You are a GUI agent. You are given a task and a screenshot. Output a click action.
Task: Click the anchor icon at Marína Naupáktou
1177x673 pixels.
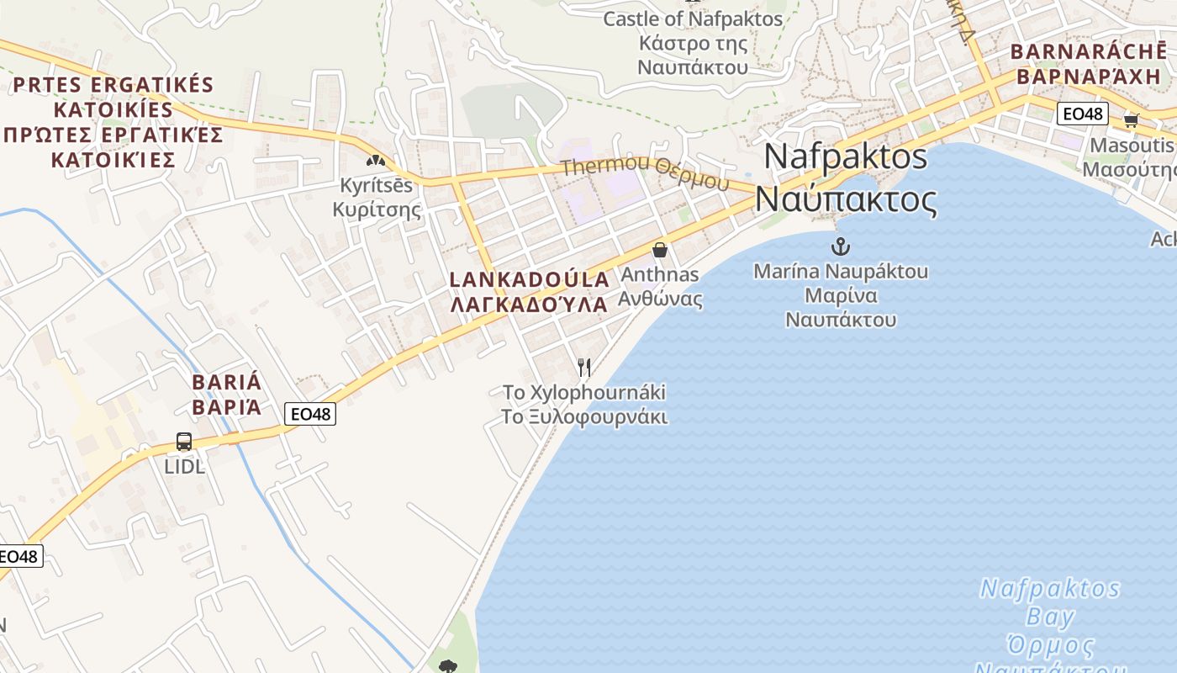(840, 246)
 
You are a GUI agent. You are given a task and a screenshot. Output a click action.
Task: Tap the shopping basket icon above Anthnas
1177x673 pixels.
(660, 250)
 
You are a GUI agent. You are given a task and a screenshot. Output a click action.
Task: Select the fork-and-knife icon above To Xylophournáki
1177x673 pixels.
(584, 367)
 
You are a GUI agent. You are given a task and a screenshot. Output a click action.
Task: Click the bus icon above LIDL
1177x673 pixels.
(183, 441)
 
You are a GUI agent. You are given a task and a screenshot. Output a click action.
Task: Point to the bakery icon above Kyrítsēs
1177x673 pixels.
(375, 159)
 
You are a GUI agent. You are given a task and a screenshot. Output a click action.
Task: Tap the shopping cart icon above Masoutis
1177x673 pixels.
(1131, 120)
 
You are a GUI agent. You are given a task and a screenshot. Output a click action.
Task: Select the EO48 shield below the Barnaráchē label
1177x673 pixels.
(1083, 114)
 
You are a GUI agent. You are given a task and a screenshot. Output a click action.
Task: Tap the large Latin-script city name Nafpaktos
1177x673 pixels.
(846, 156)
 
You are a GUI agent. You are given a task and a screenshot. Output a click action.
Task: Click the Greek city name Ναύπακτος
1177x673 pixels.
(846, 200)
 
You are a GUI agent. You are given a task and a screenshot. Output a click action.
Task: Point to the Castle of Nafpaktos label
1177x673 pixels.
(693, 19)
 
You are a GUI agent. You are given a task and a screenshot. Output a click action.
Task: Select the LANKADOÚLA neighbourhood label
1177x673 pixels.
(530, 280)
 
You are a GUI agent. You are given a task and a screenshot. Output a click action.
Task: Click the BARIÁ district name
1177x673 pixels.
(227, 383)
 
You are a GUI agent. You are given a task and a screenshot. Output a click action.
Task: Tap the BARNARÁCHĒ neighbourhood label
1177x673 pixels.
(1088, 51)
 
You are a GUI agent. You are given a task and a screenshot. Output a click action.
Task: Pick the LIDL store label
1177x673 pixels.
(185, 466)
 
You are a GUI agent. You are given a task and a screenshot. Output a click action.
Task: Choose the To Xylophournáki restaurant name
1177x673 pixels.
(584, 392)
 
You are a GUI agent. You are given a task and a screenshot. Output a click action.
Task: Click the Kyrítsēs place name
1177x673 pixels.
(377, 185)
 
